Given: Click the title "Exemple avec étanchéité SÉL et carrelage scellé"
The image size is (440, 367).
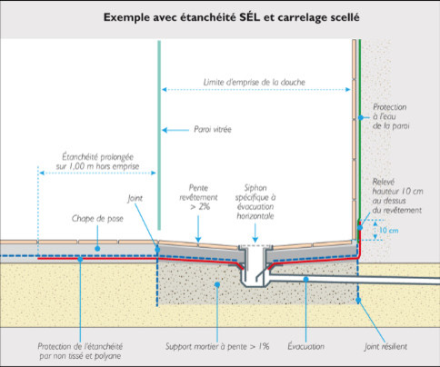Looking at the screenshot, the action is tap(232, 17).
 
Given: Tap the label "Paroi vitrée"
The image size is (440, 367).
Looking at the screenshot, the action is tap(213, 130).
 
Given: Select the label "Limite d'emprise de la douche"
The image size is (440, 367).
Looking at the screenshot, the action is tap(255, 82).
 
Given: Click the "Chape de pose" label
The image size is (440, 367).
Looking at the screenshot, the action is tap(97, 219).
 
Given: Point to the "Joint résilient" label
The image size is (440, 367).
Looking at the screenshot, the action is tap(385, 346).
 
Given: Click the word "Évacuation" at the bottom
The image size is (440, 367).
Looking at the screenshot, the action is tap(306, 346).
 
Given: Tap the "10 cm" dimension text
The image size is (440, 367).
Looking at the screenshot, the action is tap(389, 231).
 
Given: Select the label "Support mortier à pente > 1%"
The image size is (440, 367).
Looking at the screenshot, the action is tap(217, 346).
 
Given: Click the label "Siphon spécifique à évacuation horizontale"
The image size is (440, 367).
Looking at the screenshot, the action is tap(255, 202).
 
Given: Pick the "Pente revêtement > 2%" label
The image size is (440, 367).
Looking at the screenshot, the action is tap(198, 197).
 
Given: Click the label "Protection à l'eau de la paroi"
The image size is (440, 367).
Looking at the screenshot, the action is tap(390, 116).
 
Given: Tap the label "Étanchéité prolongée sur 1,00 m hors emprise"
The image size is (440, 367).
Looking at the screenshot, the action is tap(97, 162).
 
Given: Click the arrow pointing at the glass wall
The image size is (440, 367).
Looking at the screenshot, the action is tap(175, 130).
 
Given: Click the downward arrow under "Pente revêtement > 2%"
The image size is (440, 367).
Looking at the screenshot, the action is tap(198, 229).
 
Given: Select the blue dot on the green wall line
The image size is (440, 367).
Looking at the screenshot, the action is tap(361, 117).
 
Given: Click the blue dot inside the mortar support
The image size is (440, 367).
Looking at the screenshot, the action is tap(217, 284).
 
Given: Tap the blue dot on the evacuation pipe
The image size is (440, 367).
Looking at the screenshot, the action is tap(306, 279).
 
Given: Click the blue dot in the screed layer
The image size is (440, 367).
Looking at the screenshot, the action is tap(97, 249).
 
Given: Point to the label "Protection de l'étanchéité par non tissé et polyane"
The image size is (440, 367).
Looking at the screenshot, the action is tap(80, 351).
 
